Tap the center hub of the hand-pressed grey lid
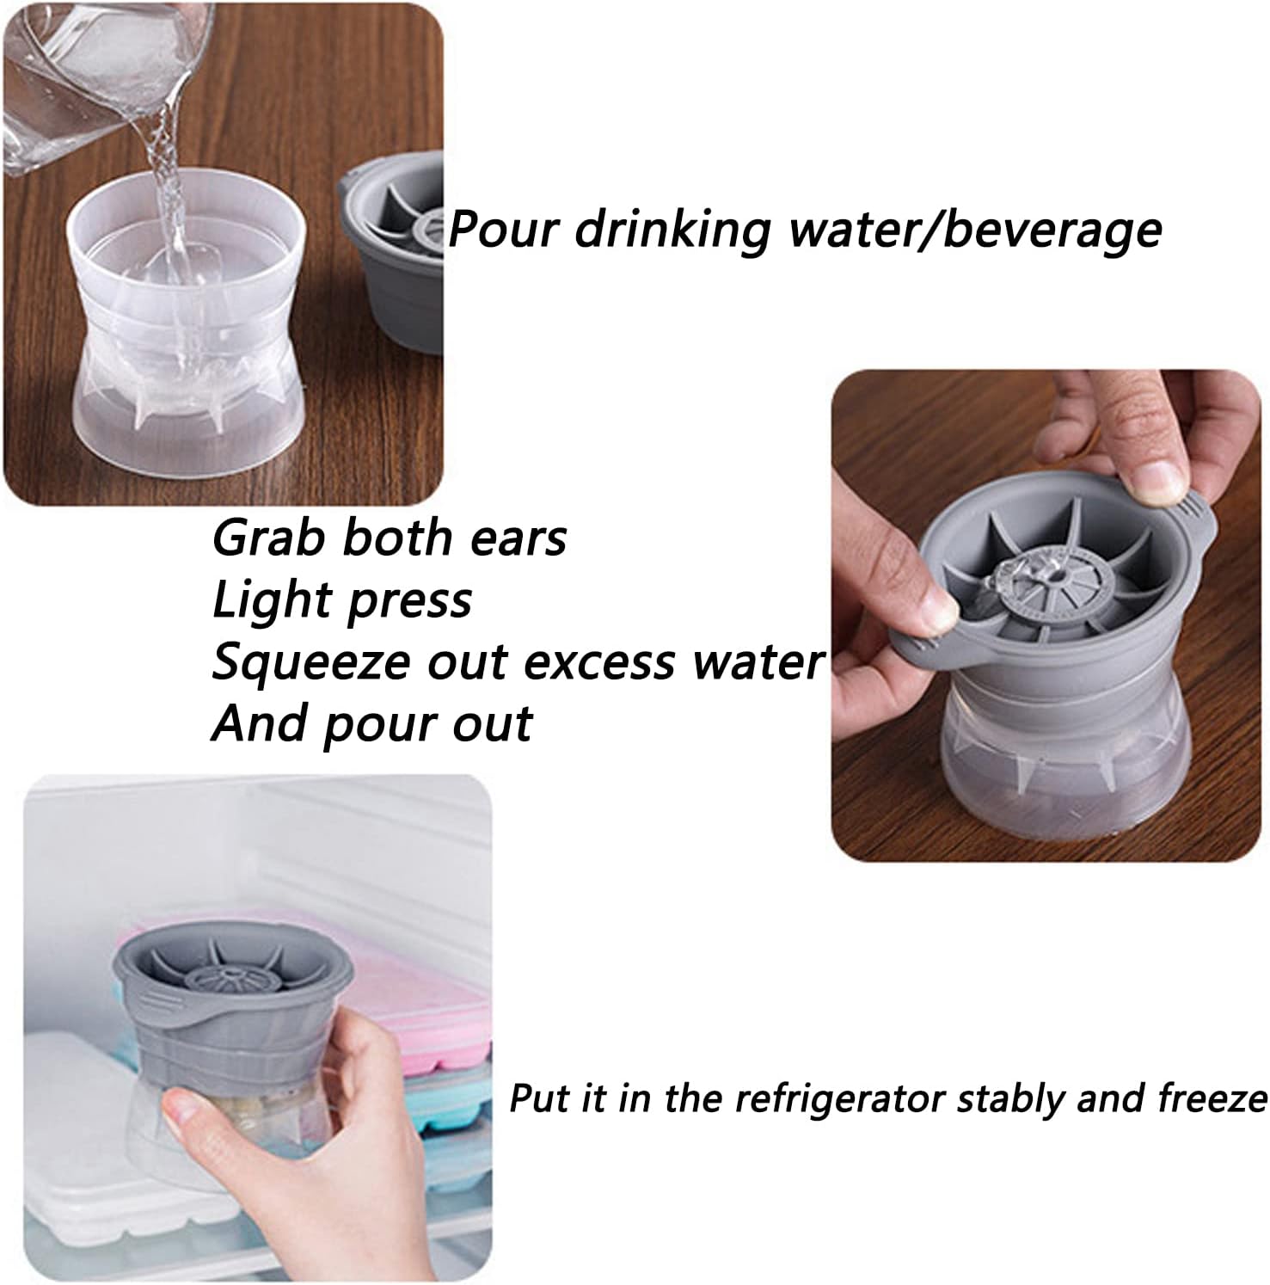[x=1035, y=587]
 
